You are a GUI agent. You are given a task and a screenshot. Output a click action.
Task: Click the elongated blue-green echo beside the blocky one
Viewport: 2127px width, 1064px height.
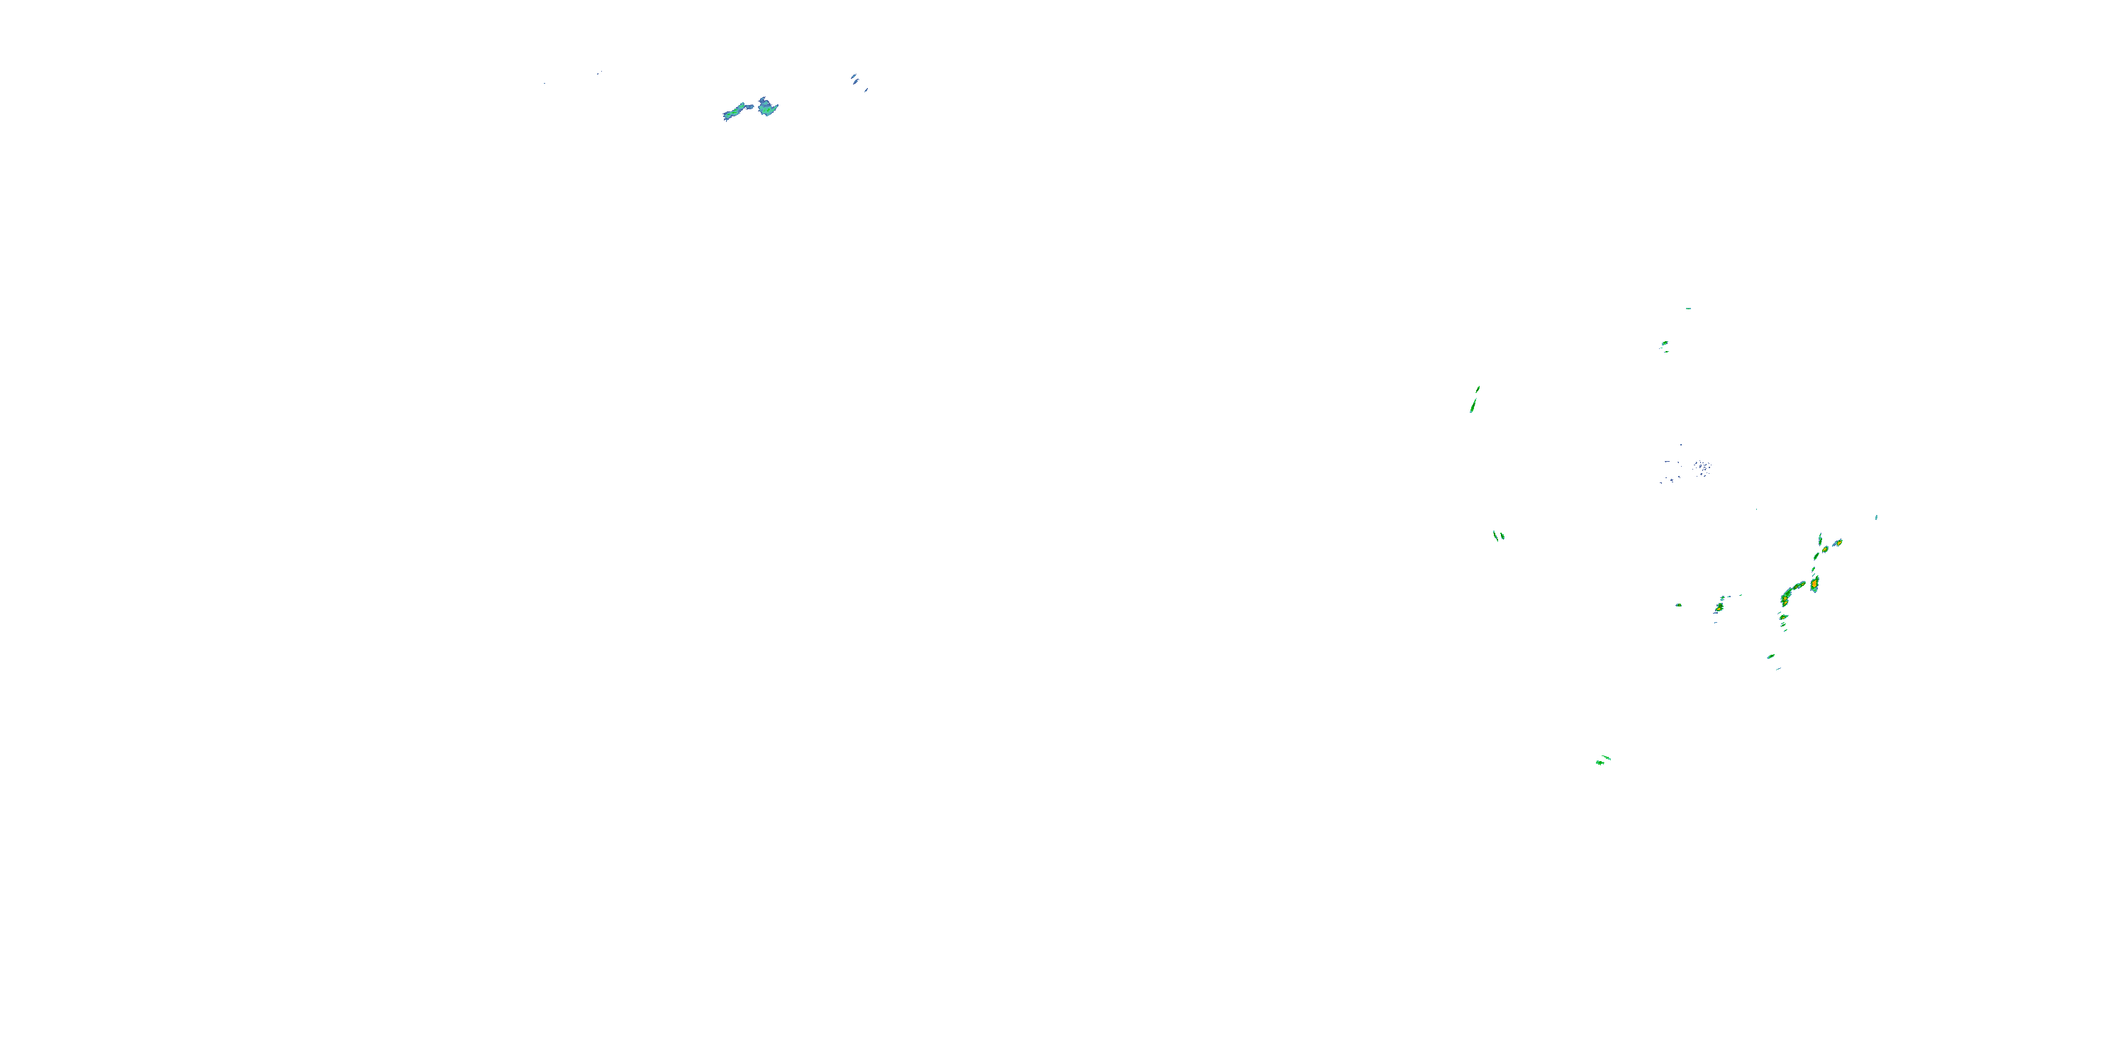[x=734, y=111]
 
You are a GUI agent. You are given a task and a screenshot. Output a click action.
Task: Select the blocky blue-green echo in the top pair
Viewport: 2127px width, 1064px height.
[x=768, y=106]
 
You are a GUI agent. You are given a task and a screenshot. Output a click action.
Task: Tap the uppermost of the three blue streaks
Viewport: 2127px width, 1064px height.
[x=853, y=76]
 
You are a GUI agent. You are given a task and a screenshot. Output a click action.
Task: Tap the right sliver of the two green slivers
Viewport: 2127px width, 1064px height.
[x=1502, y=536]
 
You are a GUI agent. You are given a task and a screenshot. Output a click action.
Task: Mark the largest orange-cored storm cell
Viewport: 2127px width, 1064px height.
[x=1814, y=584]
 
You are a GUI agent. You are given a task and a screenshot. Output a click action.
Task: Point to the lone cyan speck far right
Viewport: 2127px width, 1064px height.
[x=1876, y=517]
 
